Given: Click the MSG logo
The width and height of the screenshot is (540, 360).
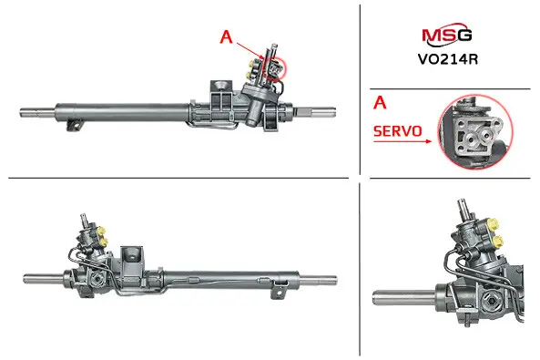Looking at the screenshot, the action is [447, 35].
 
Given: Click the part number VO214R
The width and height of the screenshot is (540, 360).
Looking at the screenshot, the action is [448, 59].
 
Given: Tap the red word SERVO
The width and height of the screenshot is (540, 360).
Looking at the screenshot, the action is [397, 131].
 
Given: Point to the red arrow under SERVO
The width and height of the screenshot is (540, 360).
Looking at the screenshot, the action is [402, 141].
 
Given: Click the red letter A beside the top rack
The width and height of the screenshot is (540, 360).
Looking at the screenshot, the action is [226, 36].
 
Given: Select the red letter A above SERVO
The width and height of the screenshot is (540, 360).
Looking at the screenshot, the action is [380, 102].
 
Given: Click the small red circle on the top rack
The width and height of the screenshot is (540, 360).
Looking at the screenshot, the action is [275, 69].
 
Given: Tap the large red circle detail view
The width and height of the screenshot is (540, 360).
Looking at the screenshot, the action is [475, 132].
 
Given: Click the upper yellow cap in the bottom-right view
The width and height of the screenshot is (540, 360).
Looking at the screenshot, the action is [494, 225].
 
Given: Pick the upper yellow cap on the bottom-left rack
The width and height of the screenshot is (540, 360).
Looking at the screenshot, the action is [101, 231].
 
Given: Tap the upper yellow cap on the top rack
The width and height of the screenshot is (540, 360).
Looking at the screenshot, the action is [251, 65].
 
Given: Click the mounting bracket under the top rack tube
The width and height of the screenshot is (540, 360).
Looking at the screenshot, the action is [76, 125].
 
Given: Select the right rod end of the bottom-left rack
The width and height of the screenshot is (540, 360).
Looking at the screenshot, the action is [318, 281].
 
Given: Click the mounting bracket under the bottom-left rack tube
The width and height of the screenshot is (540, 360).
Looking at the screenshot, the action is [279, 290].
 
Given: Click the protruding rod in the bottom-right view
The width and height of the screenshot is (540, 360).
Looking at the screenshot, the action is [403, 297].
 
